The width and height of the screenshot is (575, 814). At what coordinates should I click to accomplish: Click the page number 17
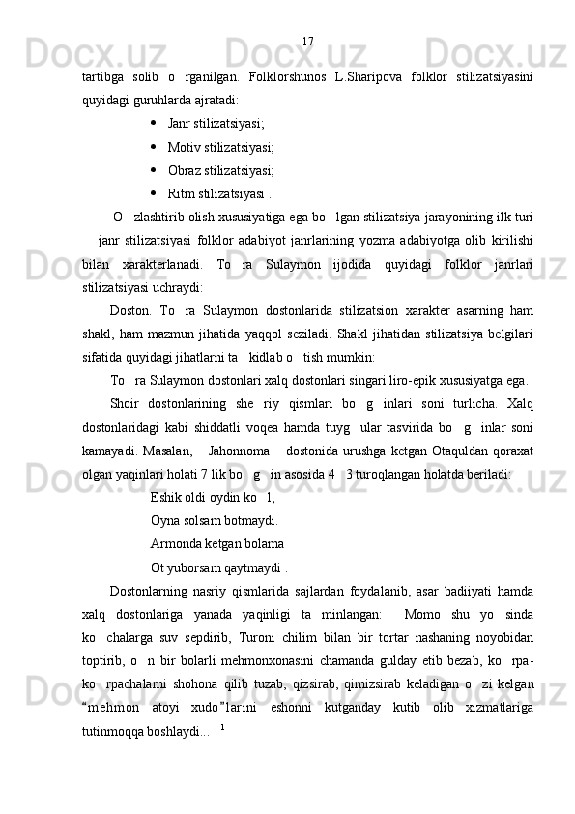pos(307,41)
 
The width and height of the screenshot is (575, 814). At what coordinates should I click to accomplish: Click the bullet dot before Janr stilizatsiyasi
pos(155,123)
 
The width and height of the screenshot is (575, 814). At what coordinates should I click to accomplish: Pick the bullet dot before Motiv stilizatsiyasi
pos(155,147)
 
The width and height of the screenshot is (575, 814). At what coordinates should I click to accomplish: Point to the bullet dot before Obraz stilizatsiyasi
pos(155,170)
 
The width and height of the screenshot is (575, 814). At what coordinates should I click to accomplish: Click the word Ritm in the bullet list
pos(181,194)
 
